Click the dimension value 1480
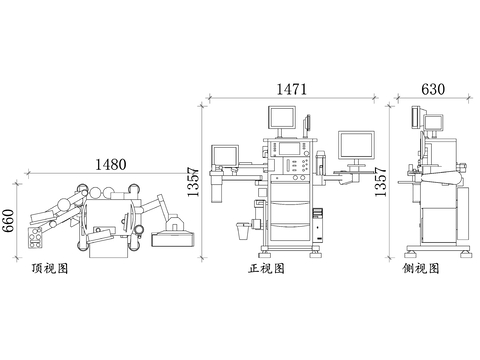click(x=111, y=164)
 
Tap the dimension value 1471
click(x=292, y=89)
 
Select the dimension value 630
click(x=433, y=89)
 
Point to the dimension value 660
click(x=8, y=220)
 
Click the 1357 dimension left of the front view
click(x=193, y=182)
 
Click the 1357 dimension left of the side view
click(x=380, y=182)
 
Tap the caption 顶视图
click(x=50, y=268)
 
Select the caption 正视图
click(x=266, y=268)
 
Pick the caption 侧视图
click(x=421, y=268)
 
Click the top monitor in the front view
click(x=282, y=117)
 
